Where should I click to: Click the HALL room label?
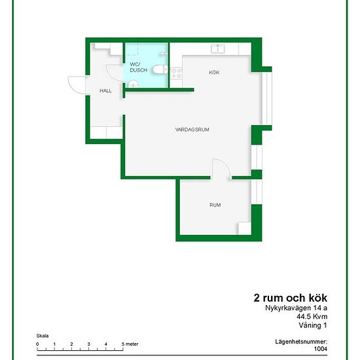click(x=105, y=91)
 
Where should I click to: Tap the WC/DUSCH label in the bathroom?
click(x=138, y=67)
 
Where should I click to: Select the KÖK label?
click(x=214, y=73)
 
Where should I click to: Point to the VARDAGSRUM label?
click(x=192, y=130)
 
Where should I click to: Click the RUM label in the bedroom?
click(x=215, y=205)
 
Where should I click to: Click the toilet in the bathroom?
click(x=160, y=69)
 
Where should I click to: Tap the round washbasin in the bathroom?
click(x=133, y=84)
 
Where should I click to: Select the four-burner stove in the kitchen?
click(x=176, y=73)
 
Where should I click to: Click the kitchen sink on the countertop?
click(x=218, y=49)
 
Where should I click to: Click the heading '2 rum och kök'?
click(x=290, y=298)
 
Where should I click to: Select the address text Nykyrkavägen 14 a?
click(x=296, y=308)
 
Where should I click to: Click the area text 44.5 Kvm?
click(x=312, y=317)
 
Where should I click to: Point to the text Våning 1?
click(x=313, y=325)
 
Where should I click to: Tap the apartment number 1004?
click(x=321, y=349)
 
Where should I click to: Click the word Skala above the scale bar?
click(x=43, y=336)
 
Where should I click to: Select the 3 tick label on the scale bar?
click(x=88, y=344)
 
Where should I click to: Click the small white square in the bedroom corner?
click(x=245, y=228)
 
